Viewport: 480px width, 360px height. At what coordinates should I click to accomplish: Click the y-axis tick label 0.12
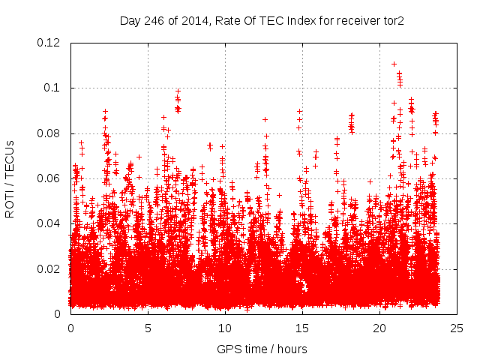50,43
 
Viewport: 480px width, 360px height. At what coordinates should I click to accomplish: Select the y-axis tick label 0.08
50,133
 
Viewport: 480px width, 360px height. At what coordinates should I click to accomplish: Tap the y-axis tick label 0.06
50,178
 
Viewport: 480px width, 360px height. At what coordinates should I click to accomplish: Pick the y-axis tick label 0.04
50,223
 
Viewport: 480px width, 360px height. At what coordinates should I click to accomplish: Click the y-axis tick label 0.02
50,269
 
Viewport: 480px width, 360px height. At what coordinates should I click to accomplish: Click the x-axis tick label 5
148,328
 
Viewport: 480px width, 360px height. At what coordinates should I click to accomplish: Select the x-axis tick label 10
225,328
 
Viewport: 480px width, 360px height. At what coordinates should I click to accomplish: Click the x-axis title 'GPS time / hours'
262,349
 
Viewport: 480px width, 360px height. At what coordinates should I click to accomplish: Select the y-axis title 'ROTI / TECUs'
10,178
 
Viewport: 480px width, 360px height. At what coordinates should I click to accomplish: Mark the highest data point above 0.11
394,64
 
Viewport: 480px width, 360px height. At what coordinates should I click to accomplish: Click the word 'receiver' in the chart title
351,21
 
